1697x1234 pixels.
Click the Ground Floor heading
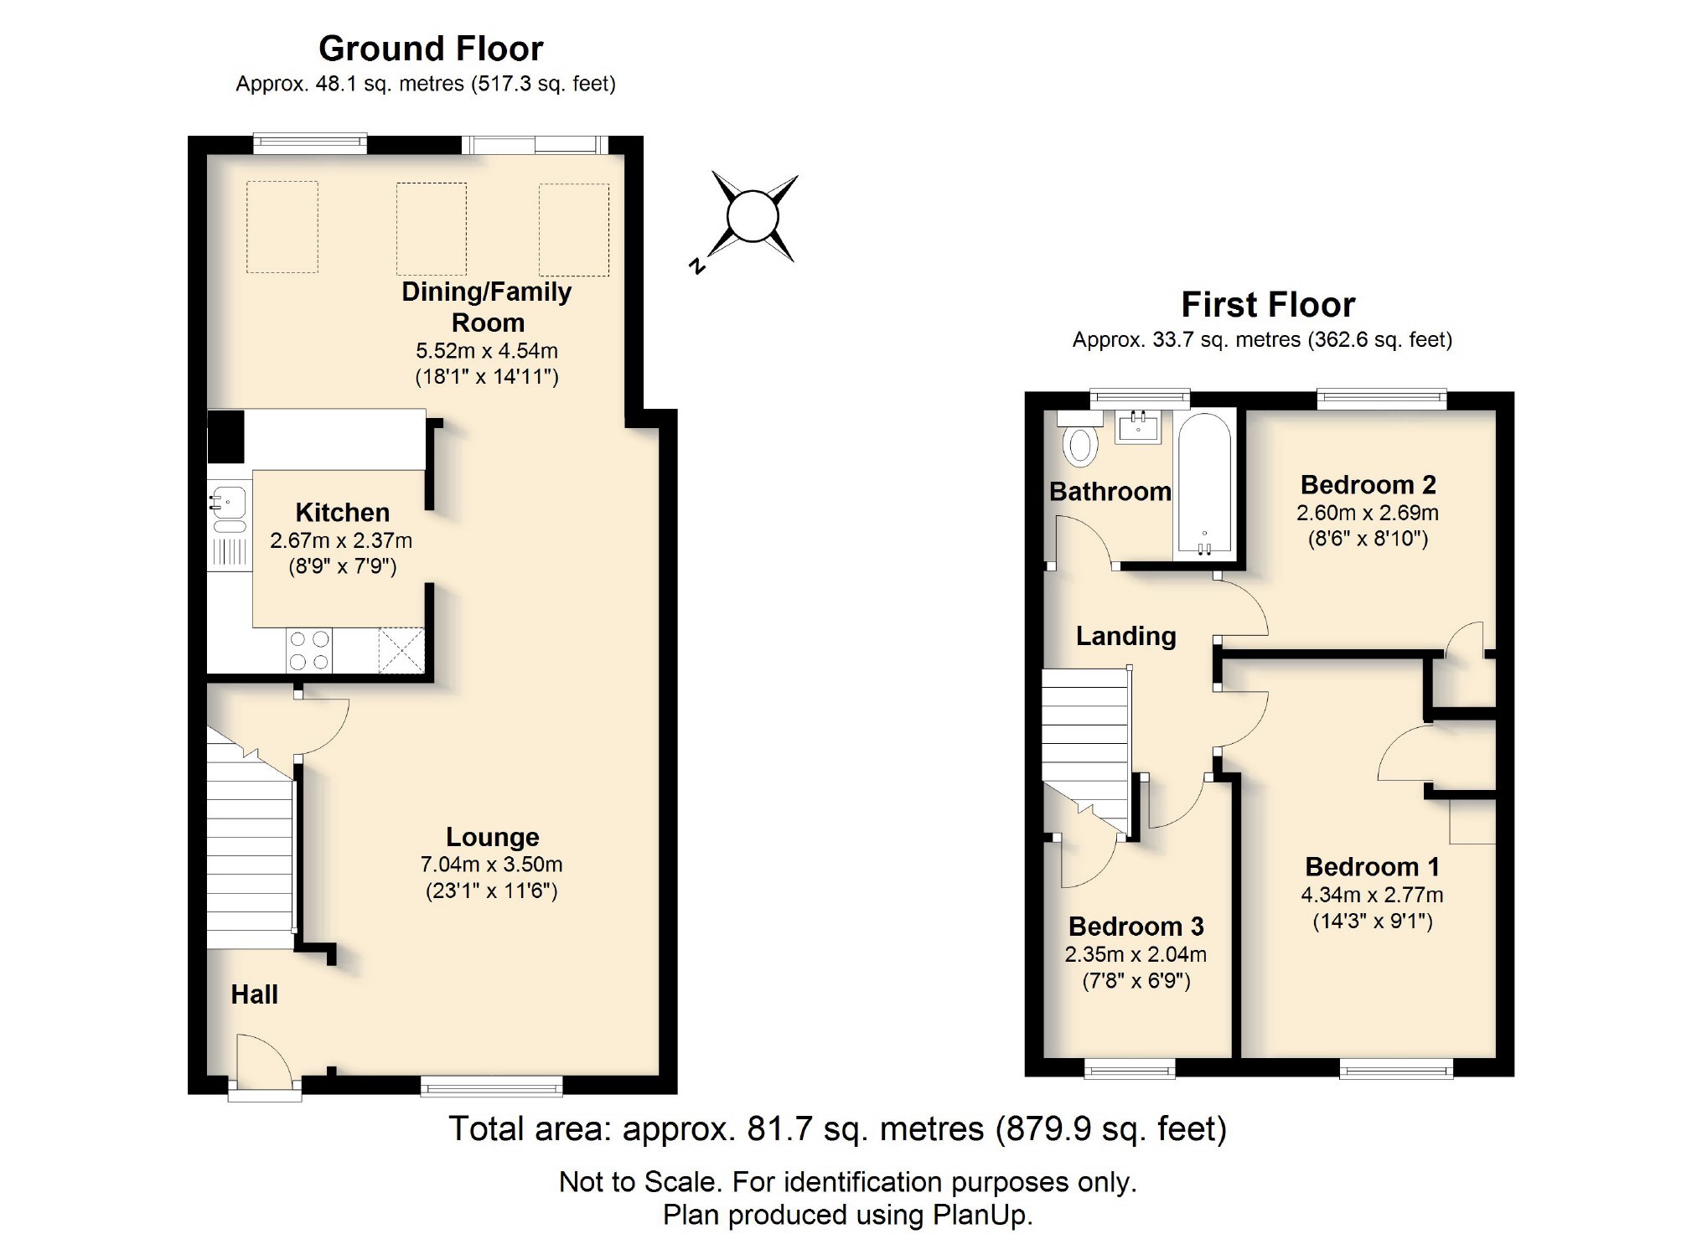click(431, 49)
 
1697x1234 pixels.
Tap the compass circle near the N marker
click(752, 217)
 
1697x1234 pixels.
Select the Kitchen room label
click(342, 512)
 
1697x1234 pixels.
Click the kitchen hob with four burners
click(308, 650)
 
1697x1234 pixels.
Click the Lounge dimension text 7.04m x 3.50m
click(491, 864)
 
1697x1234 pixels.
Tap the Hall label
click(254, 994)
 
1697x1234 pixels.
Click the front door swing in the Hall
click(261, 1062)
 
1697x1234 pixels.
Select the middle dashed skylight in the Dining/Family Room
click(431, 229)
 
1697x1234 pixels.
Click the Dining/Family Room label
click(487, 307)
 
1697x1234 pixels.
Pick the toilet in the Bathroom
click(1079, 446)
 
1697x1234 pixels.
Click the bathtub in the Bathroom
click(1204, 486)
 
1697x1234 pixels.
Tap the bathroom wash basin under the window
click(1138, 428)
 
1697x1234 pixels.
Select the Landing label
click(1125, 636)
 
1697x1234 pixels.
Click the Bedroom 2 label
click(1368, 484)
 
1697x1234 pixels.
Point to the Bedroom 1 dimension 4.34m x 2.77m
click(1372, 895)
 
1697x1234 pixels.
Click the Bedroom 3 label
click(1136, 926)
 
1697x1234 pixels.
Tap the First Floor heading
click(1267, 305)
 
